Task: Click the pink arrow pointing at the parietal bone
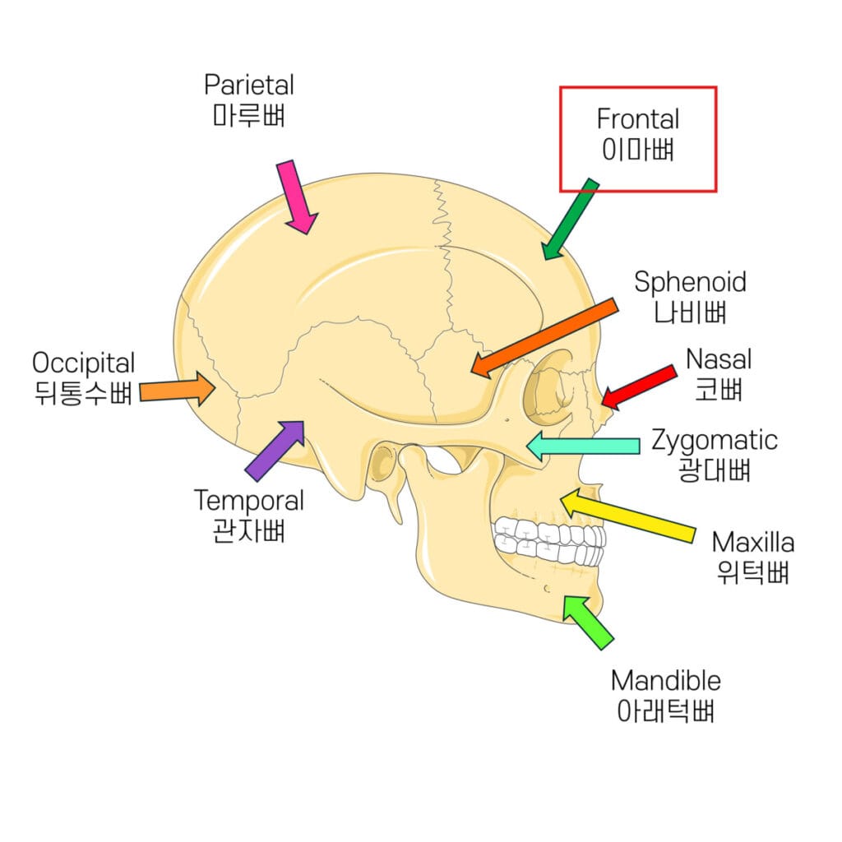pyautogui.click(x=298, y=197)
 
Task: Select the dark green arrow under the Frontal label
pyautogui.click(x=569, y=219)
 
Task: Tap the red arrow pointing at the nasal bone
pyautogui.click(x=639, y=386)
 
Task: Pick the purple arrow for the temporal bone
pyautogui.click(x=275, y=451)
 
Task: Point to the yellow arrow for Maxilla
pyautogui.click(x=629, y=516)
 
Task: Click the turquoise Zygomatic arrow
pyautogui.click(x=583, y=446)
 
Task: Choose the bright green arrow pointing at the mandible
pyautogui.click(x=588, y=622)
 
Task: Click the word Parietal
pyautogui.click(x=249, y=85)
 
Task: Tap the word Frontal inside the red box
pyautogui.click(x=638, y=119)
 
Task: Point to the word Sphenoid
pyautogui.click(x=691, y=282)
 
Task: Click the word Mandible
pyautogui.click(x=666, y=681)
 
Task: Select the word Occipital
pyautogui.click(x=84, y=363)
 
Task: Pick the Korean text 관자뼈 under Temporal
pyautogui.click(x=248, y=531)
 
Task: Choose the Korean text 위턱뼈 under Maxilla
pyautogui.click(x=752, y=572)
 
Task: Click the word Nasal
pyautogui.click(x=719, y=359)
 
